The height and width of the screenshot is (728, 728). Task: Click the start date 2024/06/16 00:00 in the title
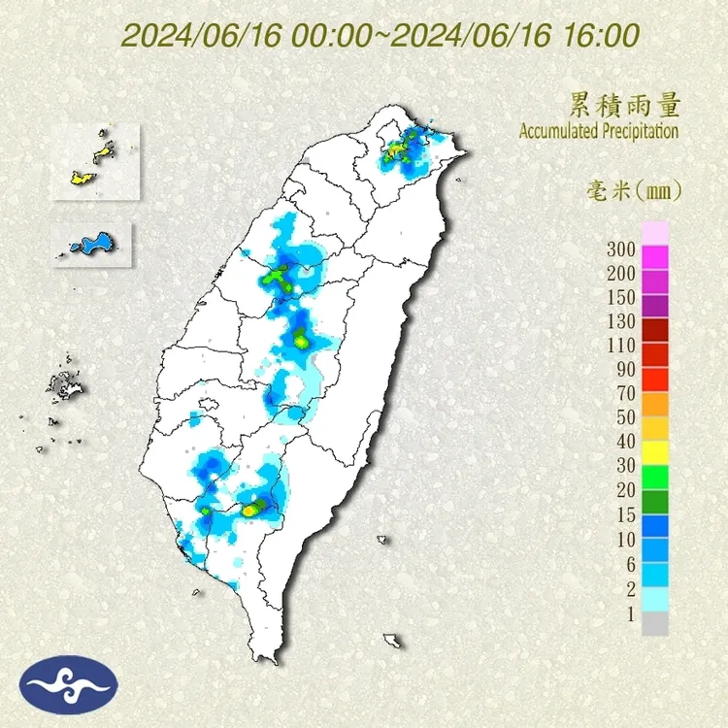click(247, 36)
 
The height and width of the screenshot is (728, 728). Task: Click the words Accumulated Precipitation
click(598, 131)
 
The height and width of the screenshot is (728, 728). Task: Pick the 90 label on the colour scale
click(625, 369)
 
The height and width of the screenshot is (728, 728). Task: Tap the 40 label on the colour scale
click(625, 440)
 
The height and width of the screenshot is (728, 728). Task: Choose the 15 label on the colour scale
click(625, 512)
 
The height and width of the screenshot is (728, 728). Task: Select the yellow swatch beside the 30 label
click(655, 451)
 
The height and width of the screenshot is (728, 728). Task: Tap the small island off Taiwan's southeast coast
click(392, 640)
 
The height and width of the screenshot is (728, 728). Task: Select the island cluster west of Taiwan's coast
click(66, 388)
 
